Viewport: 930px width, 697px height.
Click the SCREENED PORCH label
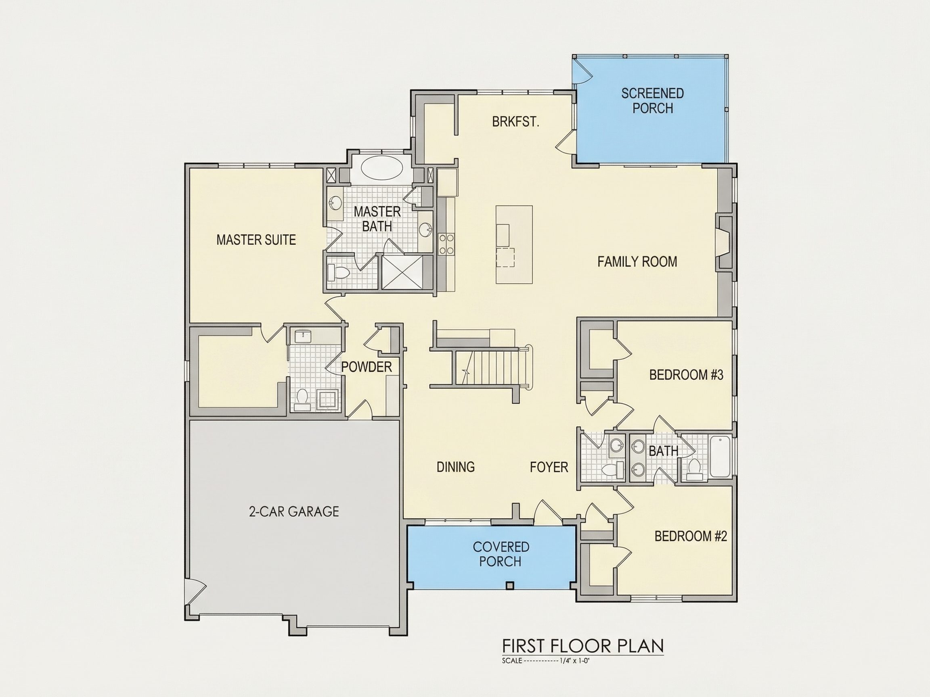tap(653, 101)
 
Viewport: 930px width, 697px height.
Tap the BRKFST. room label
tap(515, 122)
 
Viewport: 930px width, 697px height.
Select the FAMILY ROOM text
tap(637, 262)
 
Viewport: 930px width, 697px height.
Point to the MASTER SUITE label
tap(256, 240)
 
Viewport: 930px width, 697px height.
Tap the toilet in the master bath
tap(338, 273)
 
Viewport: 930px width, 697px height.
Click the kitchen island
tap(514, 244)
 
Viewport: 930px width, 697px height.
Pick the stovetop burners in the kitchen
tap(446, 244)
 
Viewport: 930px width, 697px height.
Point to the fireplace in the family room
tap(725, 242)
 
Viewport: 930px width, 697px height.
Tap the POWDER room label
tap(366, 367)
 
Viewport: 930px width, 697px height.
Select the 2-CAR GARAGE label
tap(294, 511)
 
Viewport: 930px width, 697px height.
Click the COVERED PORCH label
tap(501, 554)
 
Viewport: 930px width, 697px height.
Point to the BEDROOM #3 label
tap(686, 375)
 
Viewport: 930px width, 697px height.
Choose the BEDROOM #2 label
tap(691, 536)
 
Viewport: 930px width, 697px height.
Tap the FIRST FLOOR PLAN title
tap(583, 646)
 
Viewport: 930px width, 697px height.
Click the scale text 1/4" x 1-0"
tap(576, 661)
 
